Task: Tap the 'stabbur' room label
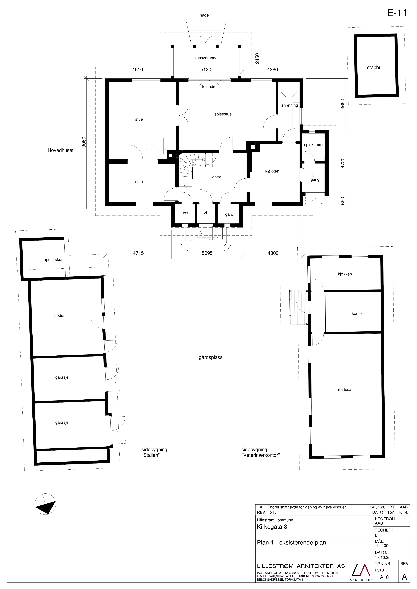pyautogui.click(x=375, y=68)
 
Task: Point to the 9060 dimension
pyautogui.click(x=84, y=142)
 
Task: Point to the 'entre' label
pyautogui.click(x=217, y=177)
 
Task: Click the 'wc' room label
pyautogui.click(x=185, y=213)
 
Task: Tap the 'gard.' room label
pyautogui.click(x=230, y=214)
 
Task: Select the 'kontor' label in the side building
pyautogui.click(x=357, y=313)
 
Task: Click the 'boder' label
pyautogui.click(x=59, y=316)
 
